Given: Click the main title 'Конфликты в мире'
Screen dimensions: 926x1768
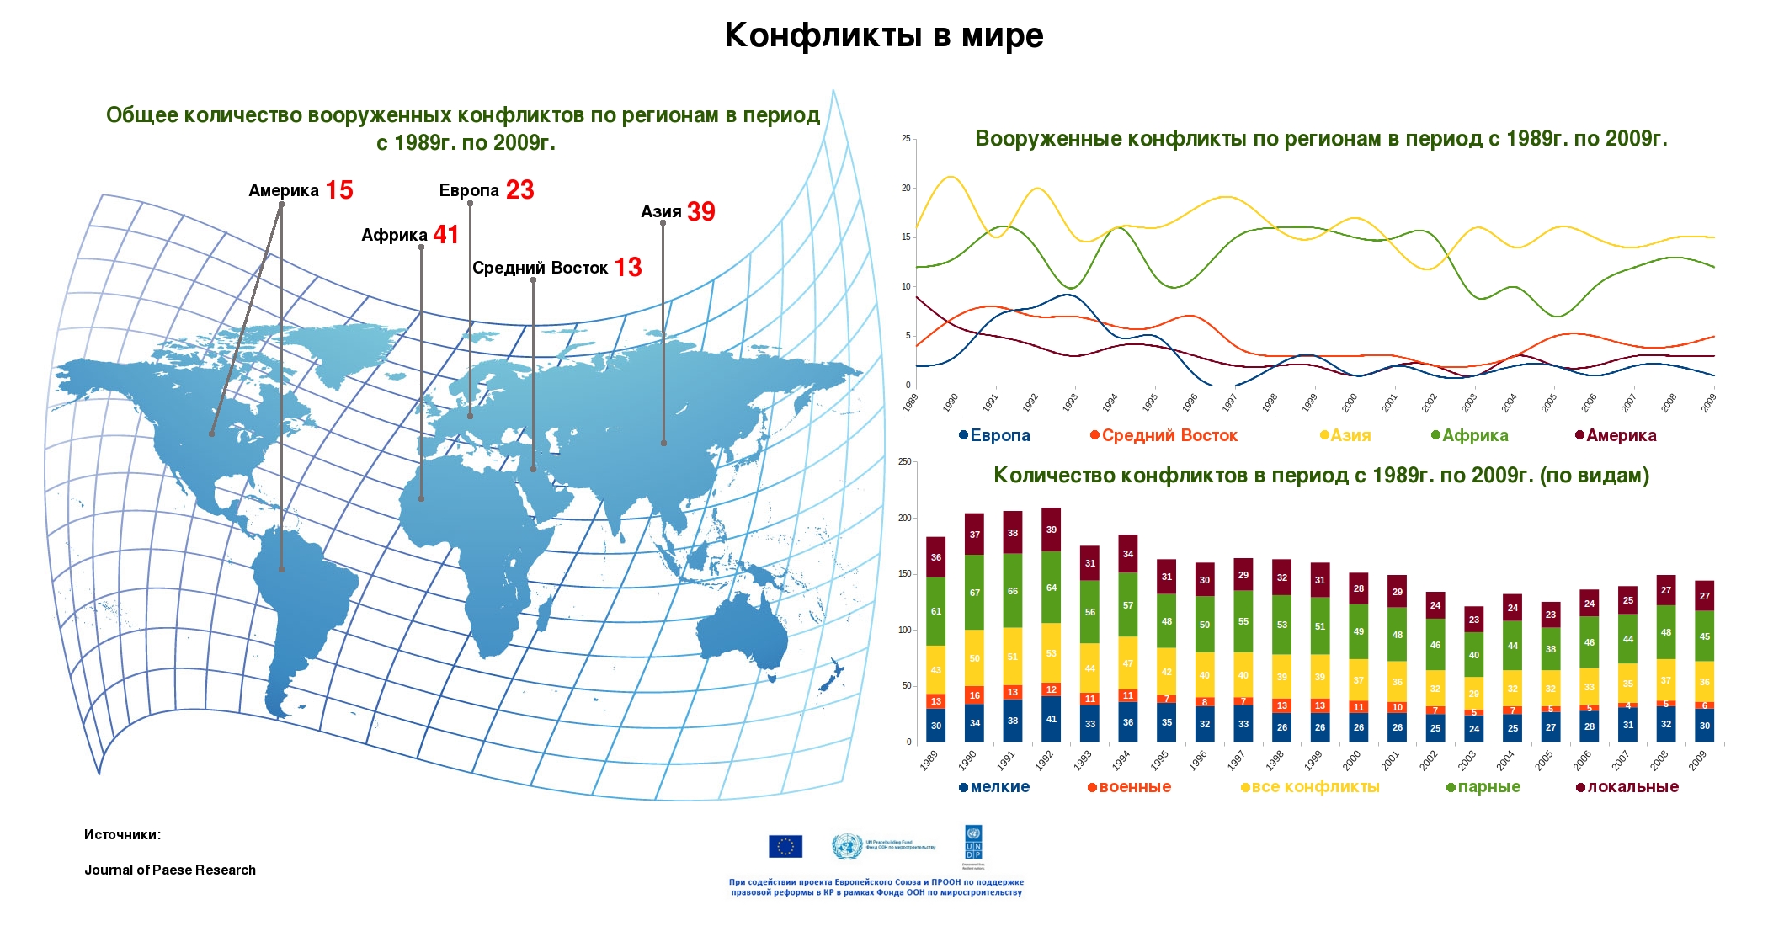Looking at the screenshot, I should [883, 35].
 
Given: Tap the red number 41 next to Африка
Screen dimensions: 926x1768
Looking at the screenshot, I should [446, 234].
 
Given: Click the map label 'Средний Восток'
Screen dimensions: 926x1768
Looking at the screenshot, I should [540, 268].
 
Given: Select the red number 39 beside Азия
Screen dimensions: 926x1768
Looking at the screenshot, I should [700, 211].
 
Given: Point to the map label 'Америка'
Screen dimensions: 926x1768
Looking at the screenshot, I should [284, 190].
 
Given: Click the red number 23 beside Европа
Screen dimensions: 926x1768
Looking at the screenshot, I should [519, 189].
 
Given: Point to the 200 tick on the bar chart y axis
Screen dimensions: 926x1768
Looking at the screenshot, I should [905, 518].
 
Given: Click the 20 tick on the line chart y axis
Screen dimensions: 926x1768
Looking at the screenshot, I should [907, 188].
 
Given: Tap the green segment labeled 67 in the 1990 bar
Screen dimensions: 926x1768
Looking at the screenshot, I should [974, 593].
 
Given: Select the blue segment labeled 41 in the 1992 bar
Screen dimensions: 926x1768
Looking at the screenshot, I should [1052, 719].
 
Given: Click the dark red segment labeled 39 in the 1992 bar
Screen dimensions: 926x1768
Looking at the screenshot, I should [1052, 530].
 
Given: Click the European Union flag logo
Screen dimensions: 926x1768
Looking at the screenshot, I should [785, 846].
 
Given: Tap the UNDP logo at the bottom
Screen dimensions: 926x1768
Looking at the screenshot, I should [973, 844].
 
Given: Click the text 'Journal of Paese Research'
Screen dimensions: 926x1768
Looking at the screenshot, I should [170, 870].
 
